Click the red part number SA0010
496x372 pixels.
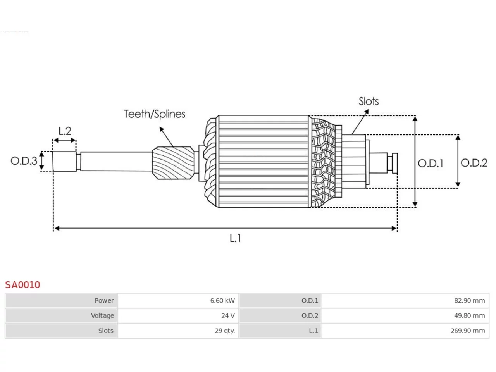22,285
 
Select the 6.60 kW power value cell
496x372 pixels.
222,301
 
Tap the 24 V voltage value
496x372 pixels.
228,315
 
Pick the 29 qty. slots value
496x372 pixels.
225,331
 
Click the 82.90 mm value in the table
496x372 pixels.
470,301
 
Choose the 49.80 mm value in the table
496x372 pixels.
470,315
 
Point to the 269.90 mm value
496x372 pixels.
468,331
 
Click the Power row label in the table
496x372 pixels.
104,301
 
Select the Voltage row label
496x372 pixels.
102,315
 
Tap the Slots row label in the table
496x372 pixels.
106,331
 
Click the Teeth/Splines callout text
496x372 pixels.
155,114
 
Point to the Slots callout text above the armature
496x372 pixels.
369,102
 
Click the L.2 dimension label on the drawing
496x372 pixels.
65,131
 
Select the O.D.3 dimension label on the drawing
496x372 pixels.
24,161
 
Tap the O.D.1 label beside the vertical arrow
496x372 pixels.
430,163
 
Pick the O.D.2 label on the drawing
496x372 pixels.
474,163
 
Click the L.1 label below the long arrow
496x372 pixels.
235,238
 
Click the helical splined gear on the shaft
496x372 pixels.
173,163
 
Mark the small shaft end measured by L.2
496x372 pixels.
64,161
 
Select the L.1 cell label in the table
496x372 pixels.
313,331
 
